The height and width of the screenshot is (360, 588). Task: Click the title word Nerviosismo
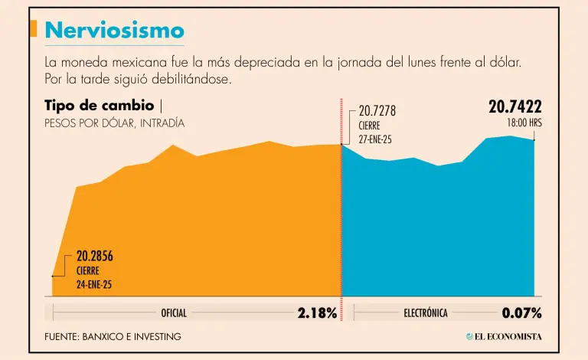(114, 30)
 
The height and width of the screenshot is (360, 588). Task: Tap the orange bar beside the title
(33, 28)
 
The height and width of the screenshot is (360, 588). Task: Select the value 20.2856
(94, 257)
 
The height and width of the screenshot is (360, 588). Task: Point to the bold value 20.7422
(514, 107)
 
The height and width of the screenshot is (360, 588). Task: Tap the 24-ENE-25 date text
(94, 284)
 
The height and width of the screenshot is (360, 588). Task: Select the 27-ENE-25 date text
(375, 139)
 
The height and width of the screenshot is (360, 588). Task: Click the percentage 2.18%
(317, 313)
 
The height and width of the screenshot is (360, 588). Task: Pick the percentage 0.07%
(521, 313)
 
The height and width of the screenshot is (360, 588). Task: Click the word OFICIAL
(174, 313)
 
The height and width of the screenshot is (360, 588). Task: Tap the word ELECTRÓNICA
(426, 313)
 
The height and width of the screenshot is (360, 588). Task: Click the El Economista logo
(503, 336)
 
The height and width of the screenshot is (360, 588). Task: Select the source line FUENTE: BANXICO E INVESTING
(113, 336)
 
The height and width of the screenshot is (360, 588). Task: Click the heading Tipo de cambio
(100, 105)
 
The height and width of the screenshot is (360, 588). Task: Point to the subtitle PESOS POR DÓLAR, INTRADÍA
(114, 123)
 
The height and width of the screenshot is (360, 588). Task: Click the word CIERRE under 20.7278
(370, 126)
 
